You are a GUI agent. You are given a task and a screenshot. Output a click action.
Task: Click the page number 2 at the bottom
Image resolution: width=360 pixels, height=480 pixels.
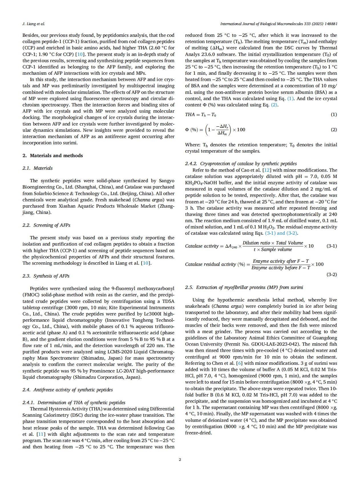(180, 459)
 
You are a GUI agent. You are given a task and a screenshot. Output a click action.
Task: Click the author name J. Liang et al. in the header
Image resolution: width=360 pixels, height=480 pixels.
(33, 24)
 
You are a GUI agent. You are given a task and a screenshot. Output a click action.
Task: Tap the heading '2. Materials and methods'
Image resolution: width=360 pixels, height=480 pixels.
(53, 155)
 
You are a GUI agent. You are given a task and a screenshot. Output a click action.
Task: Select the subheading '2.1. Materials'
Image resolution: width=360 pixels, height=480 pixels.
(37, 168)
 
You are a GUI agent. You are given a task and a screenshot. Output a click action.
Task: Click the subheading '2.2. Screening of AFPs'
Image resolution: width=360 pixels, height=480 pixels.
(46, 225)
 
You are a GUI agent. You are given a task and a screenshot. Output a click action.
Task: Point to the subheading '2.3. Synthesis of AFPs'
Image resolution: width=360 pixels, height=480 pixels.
(46, 276)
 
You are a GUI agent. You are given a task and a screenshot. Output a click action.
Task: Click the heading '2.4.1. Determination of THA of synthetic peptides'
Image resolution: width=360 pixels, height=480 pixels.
(74, 402)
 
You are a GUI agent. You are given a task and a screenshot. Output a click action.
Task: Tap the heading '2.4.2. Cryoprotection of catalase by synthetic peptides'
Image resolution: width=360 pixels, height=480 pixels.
(241, 163)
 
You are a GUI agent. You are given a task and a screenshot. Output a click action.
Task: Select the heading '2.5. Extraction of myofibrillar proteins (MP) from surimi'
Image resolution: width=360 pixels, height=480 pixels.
(244, 287)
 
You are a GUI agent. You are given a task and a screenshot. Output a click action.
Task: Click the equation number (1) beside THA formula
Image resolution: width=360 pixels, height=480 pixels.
(333, 114)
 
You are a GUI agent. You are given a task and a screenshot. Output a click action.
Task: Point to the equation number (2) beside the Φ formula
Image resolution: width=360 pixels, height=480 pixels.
(333, 129)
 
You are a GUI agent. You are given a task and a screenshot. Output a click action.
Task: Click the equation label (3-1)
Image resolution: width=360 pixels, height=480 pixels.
(331, 246)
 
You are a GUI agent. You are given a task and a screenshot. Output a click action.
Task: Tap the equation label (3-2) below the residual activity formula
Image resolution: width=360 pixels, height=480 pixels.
(331, 274)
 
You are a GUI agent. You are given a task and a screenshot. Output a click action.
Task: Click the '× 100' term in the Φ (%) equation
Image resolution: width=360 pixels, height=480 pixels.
(239, 129)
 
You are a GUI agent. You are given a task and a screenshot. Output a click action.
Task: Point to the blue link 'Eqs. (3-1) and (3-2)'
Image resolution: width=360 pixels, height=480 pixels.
(281, 233)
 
